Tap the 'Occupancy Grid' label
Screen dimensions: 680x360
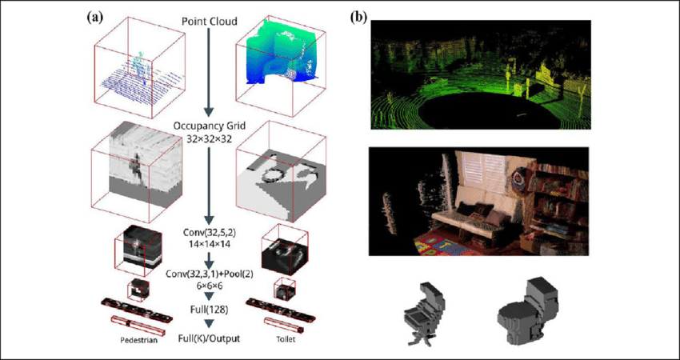[x=209, y=126]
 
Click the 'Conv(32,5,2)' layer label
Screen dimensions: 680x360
[x=209, y=232]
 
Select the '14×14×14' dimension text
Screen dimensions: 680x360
[x=209, y=243]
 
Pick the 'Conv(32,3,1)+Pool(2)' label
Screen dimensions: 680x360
[x=209, y=274]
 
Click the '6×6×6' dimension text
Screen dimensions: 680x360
[x=209, y=285]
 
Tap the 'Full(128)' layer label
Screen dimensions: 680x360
[x=209, y=308]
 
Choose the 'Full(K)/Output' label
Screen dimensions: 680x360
[x=209, y=338]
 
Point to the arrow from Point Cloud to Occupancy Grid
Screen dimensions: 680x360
[x=209, y=72]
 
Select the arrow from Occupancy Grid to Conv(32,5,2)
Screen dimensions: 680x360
[x=209, y=184]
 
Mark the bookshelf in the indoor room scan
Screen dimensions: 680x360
[x=560, y=192]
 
